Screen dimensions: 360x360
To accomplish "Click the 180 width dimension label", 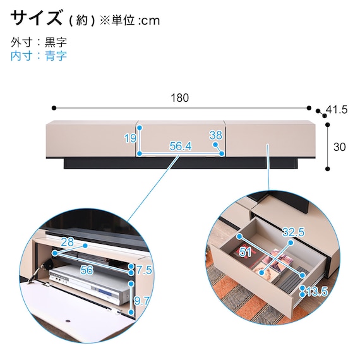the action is [180, 98].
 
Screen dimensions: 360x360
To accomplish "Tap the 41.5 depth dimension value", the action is [337, 109].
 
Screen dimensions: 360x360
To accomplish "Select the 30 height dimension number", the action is [339, 147].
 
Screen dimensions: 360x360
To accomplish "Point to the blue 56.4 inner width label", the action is [181, 146].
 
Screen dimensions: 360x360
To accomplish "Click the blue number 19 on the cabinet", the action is [130, 138].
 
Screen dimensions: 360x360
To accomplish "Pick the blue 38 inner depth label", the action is [215, 135].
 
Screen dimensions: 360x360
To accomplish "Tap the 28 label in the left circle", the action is [68, 242].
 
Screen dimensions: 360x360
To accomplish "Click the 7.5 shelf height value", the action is [144, 270].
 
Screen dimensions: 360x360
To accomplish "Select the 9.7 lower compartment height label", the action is [141, 301].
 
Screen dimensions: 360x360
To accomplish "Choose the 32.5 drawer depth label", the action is [294, 232].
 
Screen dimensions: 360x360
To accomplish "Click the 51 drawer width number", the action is [245, 252].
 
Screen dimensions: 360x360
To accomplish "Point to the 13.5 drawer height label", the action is [316, 292].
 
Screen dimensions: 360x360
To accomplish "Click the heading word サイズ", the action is [36, 18].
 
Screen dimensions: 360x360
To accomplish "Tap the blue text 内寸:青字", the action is [39, 56].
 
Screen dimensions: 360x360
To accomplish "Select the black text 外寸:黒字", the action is [39, 42].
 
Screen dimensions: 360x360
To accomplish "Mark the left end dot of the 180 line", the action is [54, 108].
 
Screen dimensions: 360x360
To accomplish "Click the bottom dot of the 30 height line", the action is [328, 169].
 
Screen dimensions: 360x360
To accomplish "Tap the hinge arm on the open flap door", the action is [37, 272].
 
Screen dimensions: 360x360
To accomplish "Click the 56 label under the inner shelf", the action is [87, 270].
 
